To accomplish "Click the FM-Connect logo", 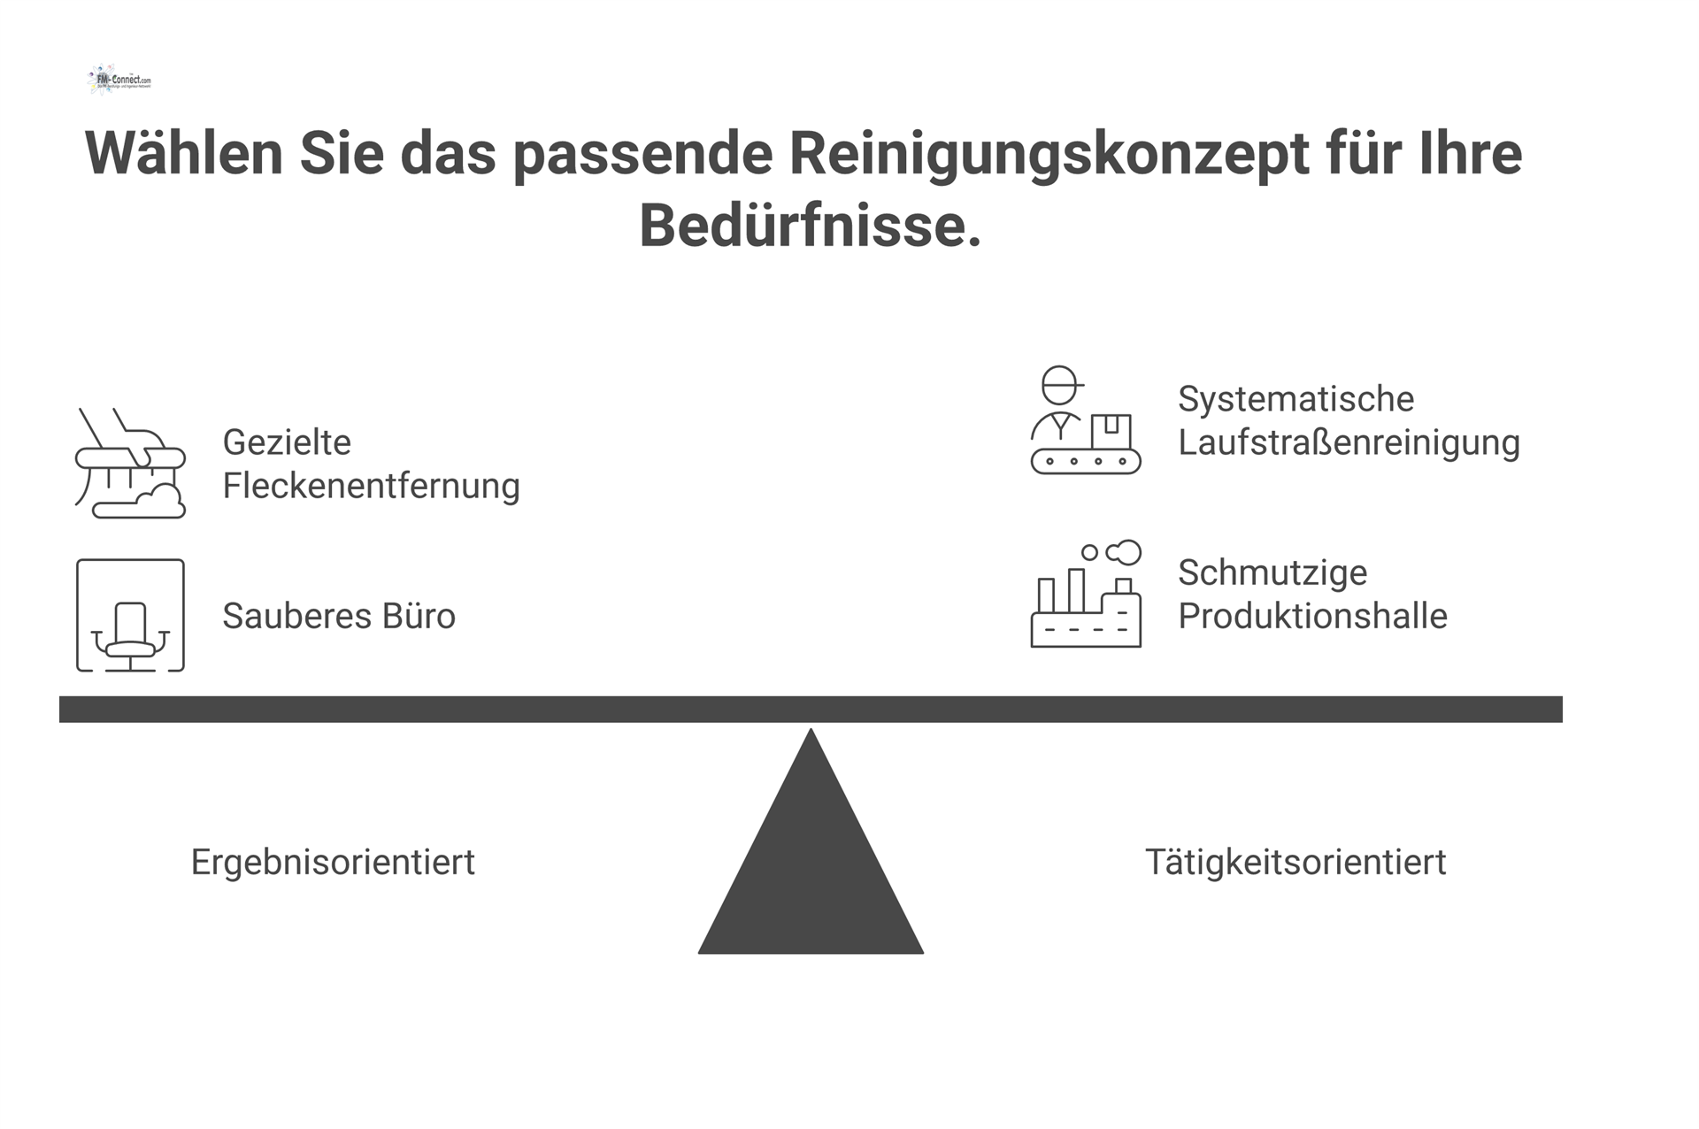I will pos(120,80).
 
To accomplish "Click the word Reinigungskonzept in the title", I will pos(1049,153).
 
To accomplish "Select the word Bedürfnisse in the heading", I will pos(810,226).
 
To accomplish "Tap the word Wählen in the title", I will pos(183,153).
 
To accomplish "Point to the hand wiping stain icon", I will pos(130,463).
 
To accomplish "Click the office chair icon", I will pos(130,616).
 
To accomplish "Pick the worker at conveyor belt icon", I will pos(1085,420).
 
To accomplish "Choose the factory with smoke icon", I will pos(1085,595).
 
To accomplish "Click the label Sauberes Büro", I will pos(339,616).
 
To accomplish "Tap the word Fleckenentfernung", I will pos(371,486).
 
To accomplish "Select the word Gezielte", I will pos(287,442).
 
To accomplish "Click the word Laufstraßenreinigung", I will pos(1349,442).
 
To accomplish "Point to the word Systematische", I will pos(1295,399).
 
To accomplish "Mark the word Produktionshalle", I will pos(1312,616).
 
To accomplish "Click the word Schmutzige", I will pos(1272,572).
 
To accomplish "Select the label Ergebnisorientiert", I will pos(333,862).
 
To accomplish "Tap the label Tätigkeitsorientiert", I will pos(1295,862).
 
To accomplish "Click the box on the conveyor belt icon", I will pos(1111,431).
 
